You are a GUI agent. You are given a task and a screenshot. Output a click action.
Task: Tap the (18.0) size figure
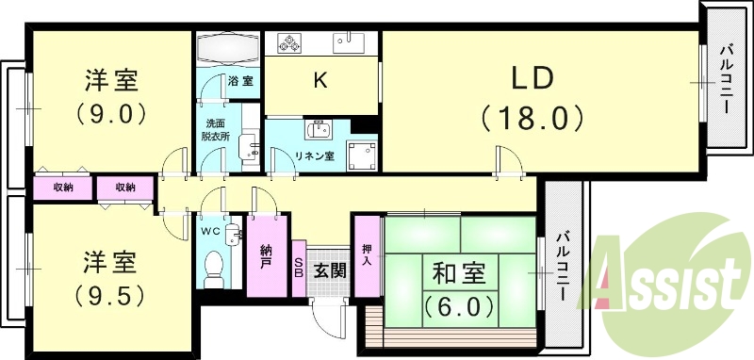tap(533, 118)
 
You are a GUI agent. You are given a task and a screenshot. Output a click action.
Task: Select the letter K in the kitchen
tap(320, 82)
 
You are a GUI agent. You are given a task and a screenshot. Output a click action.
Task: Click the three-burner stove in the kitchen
tap(287, 43)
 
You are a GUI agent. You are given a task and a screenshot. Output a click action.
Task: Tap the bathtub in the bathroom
tap(229, 46)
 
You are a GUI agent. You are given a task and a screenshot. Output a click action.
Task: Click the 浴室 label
tap(240, 82)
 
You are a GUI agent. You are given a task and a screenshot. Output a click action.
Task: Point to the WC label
tap(213, 229)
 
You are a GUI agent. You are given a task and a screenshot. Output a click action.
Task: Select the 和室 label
tap(459, 275)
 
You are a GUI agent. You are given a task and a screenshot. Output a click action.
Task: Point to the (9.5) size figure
tap(110, 293)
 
